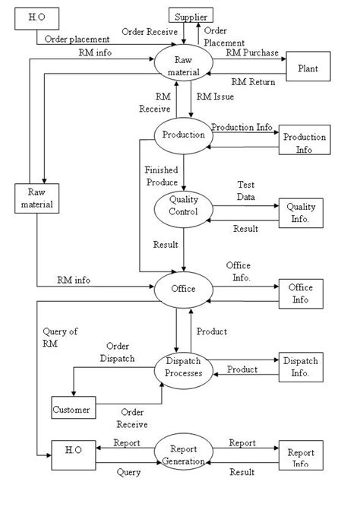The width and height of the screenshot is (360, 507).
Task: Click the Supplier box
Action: [190, 16]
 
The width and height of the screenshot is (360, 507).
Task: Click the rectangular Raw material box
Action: [36, 198]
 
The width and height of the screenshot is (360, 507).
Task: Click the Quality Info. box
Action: [300, 212]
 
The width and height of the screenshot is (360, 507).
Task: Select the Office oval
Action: [183, 289]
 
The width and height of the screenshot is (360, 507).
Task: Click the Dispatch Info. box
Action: [300, 367]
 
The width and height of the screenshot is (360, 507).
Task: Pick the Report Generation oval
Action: [183, 455]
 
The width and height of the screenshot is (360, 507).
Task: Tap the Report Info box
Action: [300, 458]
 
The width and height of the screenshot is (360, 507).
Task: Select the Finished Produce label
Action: [162, 176]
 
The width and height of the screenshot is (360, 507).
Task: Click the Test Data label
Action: [247, 190]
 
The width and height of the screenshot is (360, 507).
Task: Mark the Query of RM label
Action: [62, 337]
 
